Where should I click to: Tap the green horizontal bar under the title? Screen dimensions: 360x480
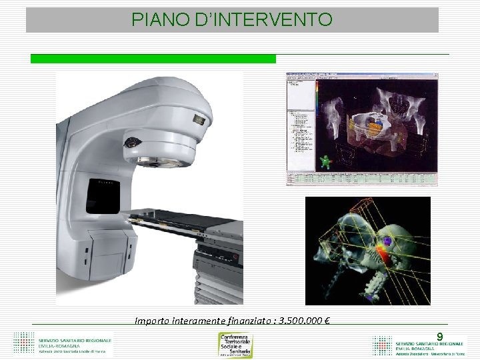[153, 59]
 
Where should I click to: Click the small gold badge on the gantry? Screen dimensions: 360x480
[198, 119]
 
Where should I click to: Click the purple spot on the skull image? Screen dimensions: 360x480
[386, 241]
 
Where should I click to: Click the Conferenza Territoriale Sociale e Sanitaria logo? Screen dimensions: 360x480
[236, 344]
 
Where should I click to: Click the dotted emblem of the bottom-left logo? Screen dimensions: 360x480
[23, 343]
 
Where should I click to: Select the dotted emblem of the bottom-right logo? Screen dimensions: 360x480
[382, 344]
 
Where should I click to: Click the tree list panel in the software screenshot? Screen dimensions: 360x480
[299, 127]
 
